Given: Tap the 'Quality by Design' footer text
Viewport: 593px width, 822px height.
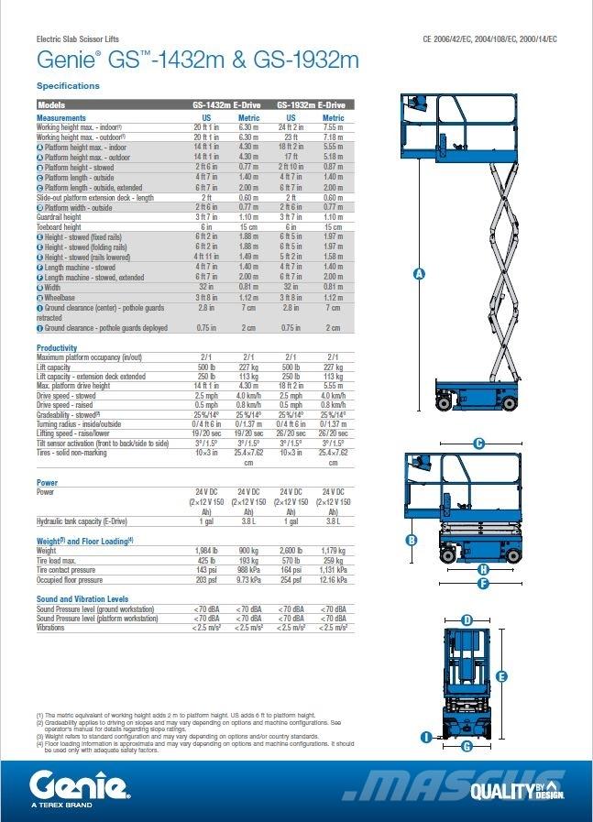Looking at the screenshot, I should click(x=516, y=789).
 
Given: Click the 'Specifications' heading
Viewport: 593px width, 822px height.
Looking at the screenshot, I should click(x=68, y=85).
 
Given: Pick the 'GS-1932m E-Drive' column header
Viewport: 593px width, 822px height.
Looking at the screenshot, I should click(x=311, y=105).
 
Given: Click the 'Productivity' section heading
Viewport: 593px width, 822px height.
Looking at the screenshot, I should click(x=57, y=348).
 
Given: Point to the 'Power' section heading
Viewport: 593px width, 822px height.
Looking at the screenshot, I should click(x=47, y=482).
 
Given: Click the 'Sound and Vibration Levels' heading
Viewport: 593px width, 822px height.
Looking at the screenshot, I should click(x=82, y=598).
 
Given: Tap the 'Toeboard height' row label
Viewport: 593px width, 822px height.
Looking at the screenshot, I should click(x=60, y=226).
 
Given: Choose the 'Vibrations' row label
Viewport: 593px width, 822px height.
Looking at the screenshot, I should click(x=51, y=628).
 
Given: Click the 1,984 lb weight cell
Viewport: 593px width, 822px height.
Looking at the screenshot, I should click(x=207, y=551).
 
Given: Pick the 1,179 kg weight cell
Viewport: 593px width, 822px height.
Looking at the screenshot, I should click(x=333, y=551).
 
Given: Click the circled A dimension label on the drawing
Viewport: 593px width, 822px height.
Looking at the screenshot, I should click(x=419, y=273).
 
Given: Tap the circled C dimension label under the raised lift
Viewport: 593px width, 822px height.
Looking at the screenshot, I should click(x=478, y=444).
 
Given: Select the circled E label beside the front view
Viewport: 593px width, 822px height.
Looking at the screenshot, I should click(x=501, y=676).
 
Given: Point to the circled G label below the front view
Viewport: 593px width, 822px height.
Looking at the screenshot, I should click(x=467, y=746).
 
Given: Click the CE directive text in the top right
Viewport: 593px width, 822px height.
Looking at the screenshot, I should click(x=489, y=39).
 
